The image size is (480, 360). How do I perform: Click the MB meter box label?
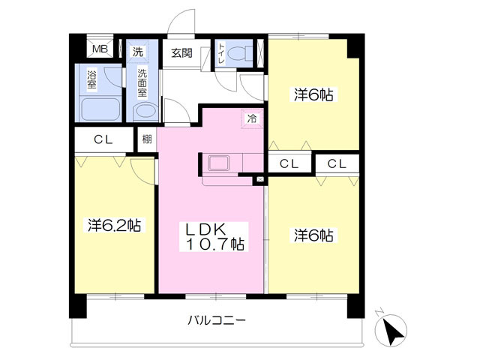point(98,51)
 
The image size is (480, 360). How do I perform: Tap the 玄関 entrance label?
point(181,52)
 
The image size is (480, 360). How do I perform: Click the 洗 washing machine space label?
point(138,52)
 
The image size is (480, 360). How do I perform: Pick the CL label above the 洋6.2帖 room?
point(103,139)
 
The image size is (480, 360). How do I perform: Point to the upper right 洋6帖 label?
point(313,94)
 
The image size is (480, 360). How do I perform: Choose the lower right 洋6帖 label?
point(313,235)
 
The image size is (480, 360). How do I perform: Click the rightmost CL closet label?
point(336,163)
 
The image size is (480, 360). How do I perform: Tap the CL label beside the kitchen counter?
point(289,163)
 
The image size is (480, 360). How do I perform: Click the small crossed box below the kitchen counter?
point(259,180)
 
